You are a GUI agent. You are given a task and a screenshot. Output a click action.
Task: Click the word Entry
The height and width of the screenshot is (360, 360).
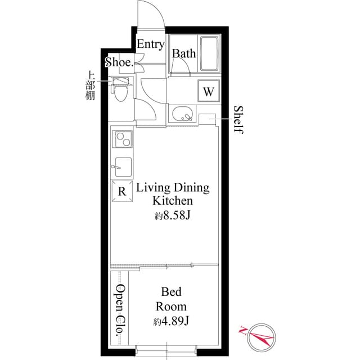click(x=151, y=44)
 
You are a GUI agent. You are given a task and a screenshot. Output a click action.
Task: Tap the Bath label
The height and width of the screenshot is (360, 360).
click(x=184, y=54)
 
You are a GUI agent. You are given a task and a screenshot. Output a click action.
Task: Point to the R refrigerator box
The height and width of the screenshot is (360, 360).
click(x=122, y=191)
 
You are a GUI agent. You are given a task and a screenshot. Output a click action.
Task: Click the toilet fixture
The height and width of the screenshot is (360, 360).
click(x=120, y=90)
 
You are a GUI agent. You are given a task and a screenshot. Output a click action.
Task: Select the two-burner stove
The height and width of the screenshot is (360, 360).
click(x=122, y=139)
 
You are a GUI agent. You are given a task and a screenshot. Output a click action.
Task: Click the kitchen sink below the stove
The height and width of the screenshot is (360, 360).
click(x=122, y=166)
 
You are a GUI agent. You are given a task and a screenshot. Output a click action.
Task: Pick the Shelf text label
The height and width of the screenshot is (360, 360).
click(x=238, y=119)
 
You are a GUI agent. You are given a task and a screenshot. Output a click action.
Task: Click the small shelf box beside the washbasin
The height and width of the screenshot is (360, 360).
click(x=207, y=118)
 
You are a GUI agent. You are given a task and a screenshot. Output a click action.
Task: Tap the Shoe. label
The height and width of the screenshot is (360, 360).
click(x=119, y=62)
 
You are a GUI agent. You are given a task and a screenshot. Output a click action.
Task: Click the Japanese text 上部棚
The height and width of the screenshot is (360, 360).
click(x=90, y=85)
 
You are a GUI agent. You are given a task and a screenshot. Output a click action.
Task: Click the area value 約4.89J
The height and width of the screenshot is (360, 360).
click(x=171, y=322)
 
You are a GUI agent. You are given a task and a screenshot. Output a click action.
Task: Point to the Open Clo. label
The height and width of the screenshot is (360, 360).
click(x=120, y=311)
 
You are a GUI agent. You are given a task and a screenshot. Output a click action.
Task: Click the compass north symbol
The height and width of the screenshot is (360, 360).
click(x=256, y=335)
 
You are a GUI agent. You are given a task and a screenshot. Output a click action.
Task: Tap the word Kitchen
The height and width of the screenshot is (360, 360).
click(x=173, y=201)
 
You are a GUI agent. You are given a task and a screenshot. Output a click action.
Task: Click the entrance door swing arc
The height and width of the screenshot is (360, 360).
click(x=151, y=13)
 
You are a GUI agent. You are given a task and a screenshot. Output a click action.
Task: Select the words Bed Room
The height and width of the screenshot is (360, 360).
click(x=171, y=299)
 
